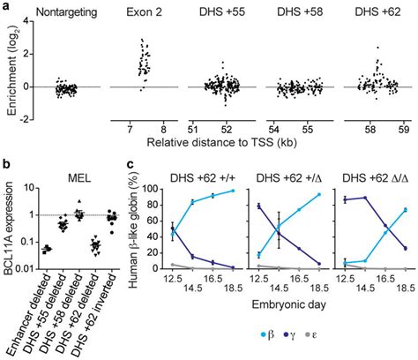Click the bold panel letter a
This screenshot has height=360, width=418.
point(7,7)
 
